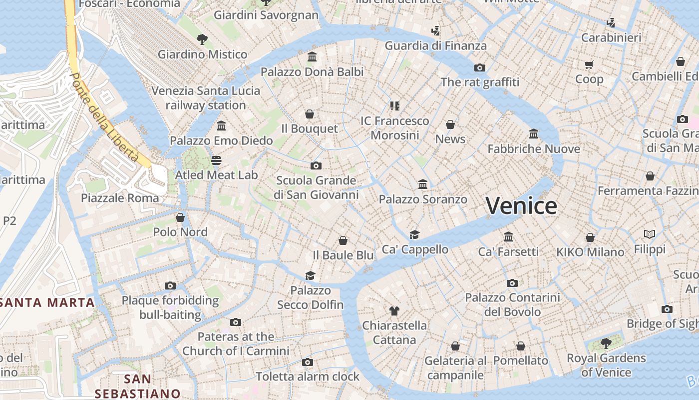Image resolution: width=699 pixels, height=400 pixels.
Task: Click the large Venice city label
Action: tap(521, 206)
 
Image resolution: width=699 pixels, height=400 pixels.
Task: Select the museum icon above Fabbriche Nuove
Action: tap(534, 134)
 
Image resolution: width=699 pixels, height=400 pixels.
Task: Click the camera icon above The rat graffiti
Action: tap(480, 67)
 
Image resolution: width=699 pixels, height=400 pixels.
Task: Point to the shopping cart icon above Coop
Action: tap(589, 64)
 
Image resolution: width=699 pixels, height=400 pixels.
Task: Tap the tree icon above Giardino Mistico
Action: tap(202, 39)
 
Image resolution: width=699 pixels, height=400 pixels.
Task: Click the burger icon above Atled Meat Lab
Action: tap(216, 160)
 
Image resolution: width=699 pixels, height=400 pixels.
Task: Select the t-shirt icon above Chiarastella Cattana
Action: tap(394, 311)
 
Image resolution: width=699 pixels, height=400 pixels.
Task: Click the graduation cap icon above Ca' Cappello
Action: tap(415, 234)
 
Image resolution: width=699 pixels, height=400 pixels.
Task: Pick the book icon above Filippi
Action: tap(650, 234)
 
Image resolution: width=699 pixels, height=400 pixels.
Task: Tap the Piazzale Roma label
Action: tap(120, 198)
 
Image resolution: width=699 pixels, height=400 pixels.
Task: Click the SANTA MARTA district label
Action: tap(47, 302)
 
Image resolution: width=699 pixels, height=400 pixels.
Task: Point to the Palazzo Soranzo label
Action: tap(423, 199)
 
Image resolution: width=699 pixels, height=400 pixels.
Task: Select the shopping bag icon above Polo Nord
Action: tap(180, 217)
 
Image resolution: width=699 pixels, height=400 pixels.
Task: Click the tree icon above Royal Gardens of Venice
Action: tap(606, 343)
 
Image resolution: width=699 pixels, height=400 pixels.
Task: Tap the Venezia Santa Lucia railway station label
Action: tap(206, 98)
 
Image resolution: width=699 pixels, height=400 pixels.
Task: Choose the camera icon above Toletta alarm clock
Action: tap(308, 362)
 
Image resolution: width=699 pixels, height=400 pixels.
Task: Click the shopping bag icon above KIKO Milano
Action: tap(590, 237)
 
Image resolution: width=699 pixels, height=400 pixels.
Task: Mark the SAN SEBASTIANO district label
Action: tap(137, 386)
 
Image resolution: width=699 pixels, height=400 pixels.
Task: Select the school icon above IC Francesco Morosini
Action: tap(395, 105)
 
